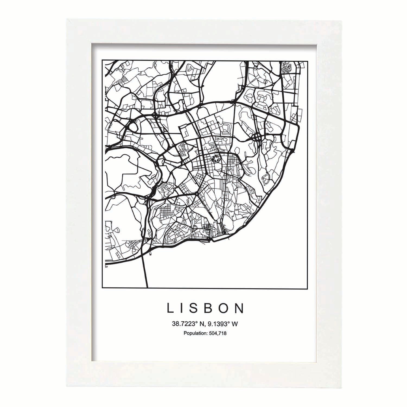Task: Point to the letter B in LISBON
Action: pos(211,309)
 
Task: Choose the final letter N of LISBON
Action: pos(240,309)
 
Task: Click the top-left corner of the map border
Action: pos(102,60)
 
